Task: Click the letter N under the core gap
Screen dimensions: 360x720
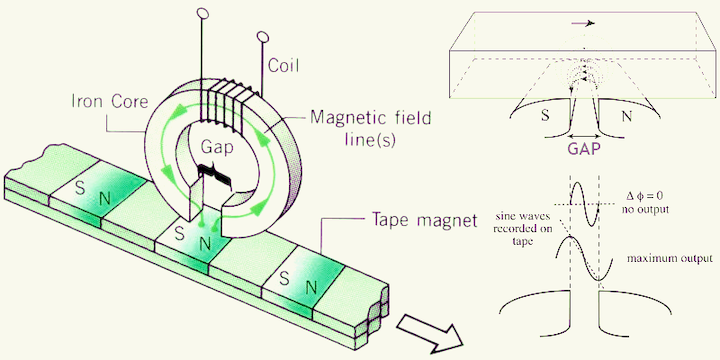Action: click(204, 244)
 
